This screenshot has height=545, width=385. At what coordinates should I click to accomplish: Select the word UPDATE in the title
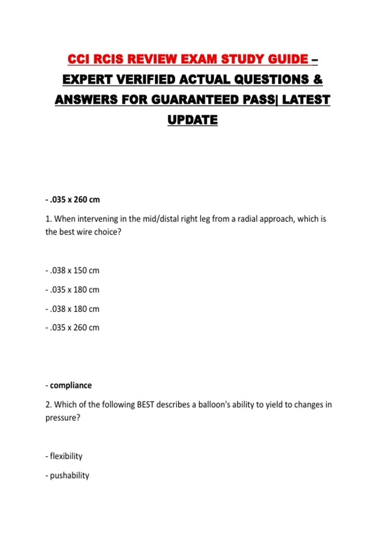pos(193,120)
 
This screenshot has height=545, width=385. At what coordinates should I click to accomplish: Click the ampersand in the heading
pos(318,80)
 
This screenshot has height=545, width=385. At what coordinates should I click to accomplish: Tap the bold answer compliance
pos(71,385)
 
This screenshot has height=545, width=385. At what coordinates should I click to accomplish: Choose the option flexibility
pos(66,456)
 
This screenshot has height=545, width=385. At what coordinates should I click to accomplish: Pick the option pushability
pos(69,475)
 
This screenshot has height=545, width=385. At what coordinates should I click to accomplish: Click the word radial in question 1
pos(247,219)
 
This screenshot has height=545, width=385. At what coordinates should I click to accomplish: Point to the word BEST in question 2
pos(145,405)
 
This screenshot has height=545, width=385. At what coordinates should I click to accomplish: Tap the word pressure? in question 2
pos(63,418)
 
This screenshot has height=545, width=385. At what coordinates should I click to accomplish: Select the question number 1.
pos(48,219)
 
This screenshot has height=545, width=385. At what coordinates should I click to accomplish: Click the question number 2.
pos(48,405)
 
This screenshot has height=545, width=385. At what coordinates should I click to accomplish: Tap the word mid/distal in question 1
pos(154,219)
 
